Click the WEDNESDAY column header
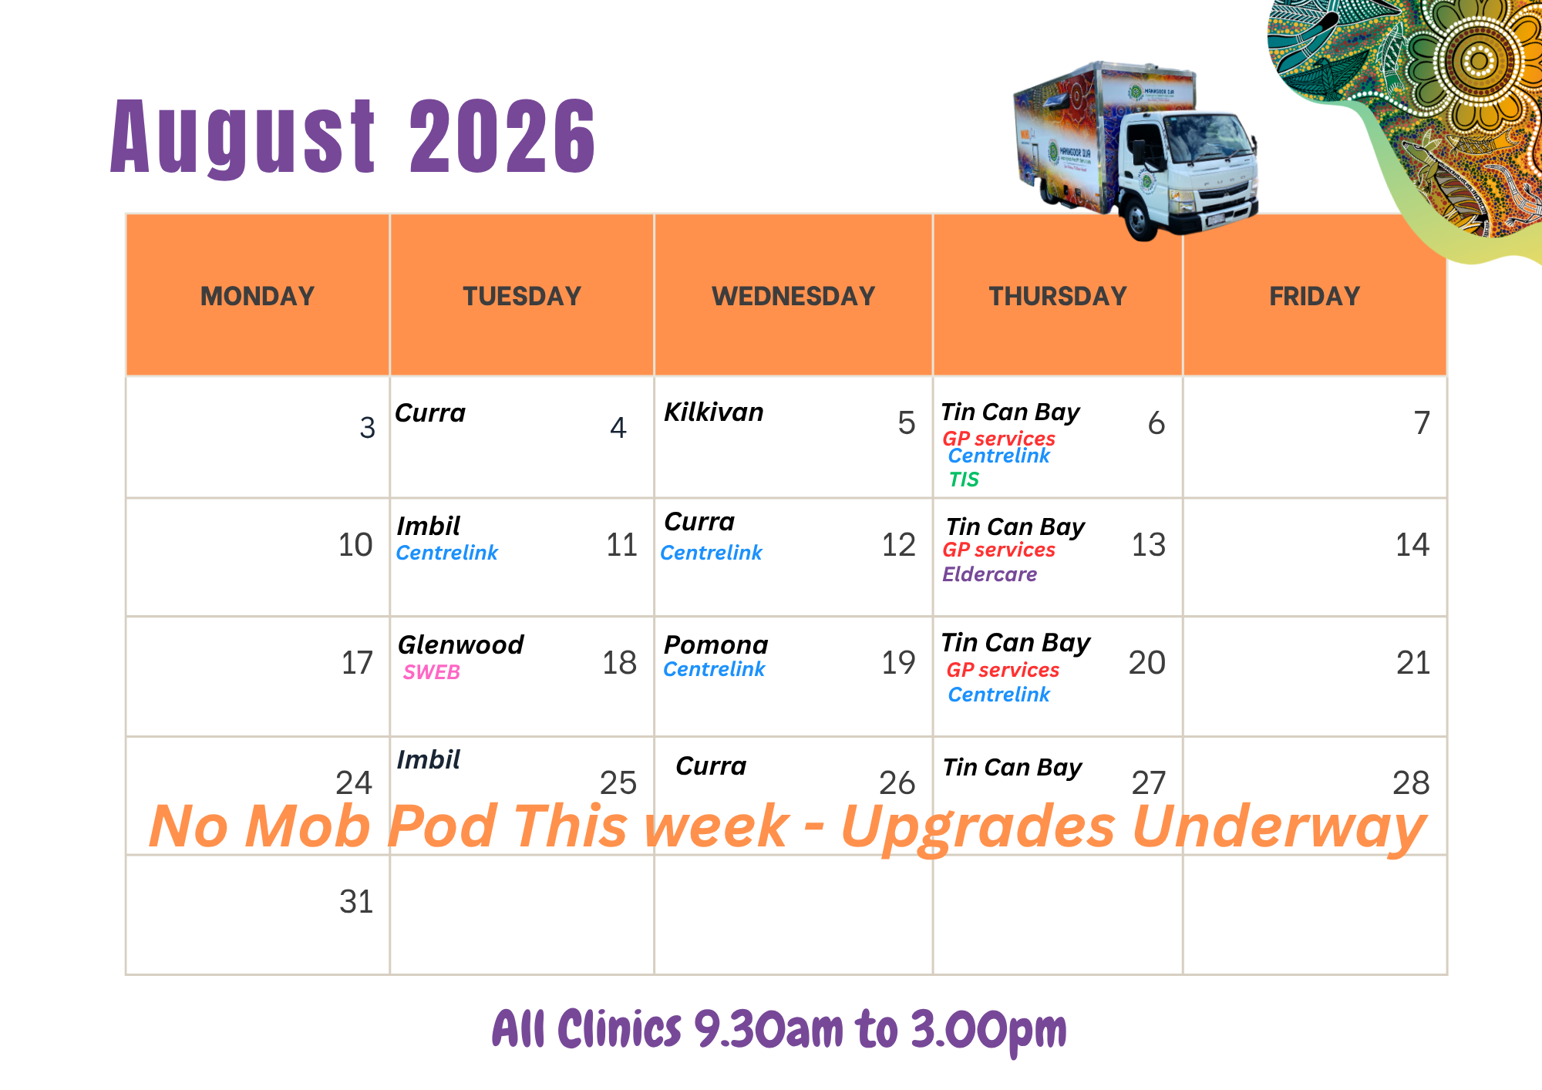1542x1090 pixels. coord(793,296)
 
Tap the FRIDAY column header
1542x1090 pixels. coord(1315,296)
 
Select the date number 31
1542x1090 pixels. coord(356,901)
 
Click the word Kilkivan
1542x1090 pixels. coord(714,412)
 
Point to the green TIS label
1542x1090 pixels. coord(964,479)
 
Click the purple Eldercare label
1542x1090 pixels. coord(989,574)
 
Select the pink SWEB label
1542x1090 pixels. coord(432,672)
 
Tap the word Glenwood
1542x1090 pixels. coord(460,644)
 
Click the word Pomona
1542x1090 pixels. coord(716,644)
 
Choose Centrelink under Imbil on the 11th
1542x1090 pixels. coord(447,553)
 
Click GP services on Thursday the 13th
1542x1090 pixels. coord(998,550)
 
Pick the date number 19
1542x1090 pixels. coord(898,662)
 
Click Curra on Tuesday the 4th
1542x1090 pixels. coord(430,413)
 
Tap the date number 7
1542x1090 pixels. coord(1422,422)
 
